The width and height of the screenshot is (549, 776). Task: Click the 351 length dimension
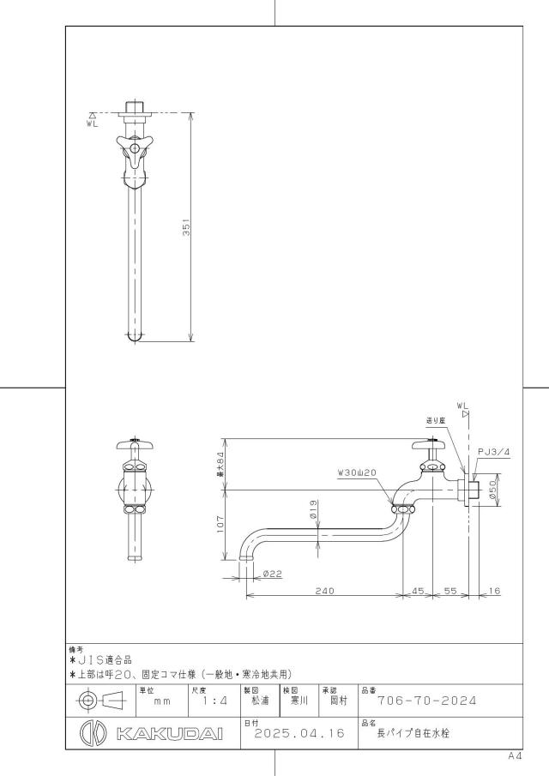(187, 227)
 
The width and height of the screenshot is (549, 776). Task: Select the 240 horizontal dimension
(325, 591)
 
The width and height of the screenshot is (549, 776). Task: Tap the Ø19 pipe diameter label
(313, 509)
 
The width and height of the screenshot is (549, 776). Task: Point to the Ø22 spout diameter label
(272, 574)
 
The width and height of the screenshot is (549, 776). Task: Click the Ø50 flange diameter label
(492, 490)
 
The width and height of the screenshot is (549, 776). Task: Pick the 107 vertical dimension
(220, 524)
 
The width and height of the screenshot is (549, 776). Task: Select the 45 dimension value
(419, 591)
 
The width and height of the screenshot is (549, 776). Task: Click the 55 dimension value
(450, 591)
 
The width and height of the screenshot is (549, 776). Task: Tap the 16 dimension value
(494, 591)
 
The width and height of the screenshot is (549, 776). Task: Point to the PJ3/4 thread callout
(493, 451)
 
